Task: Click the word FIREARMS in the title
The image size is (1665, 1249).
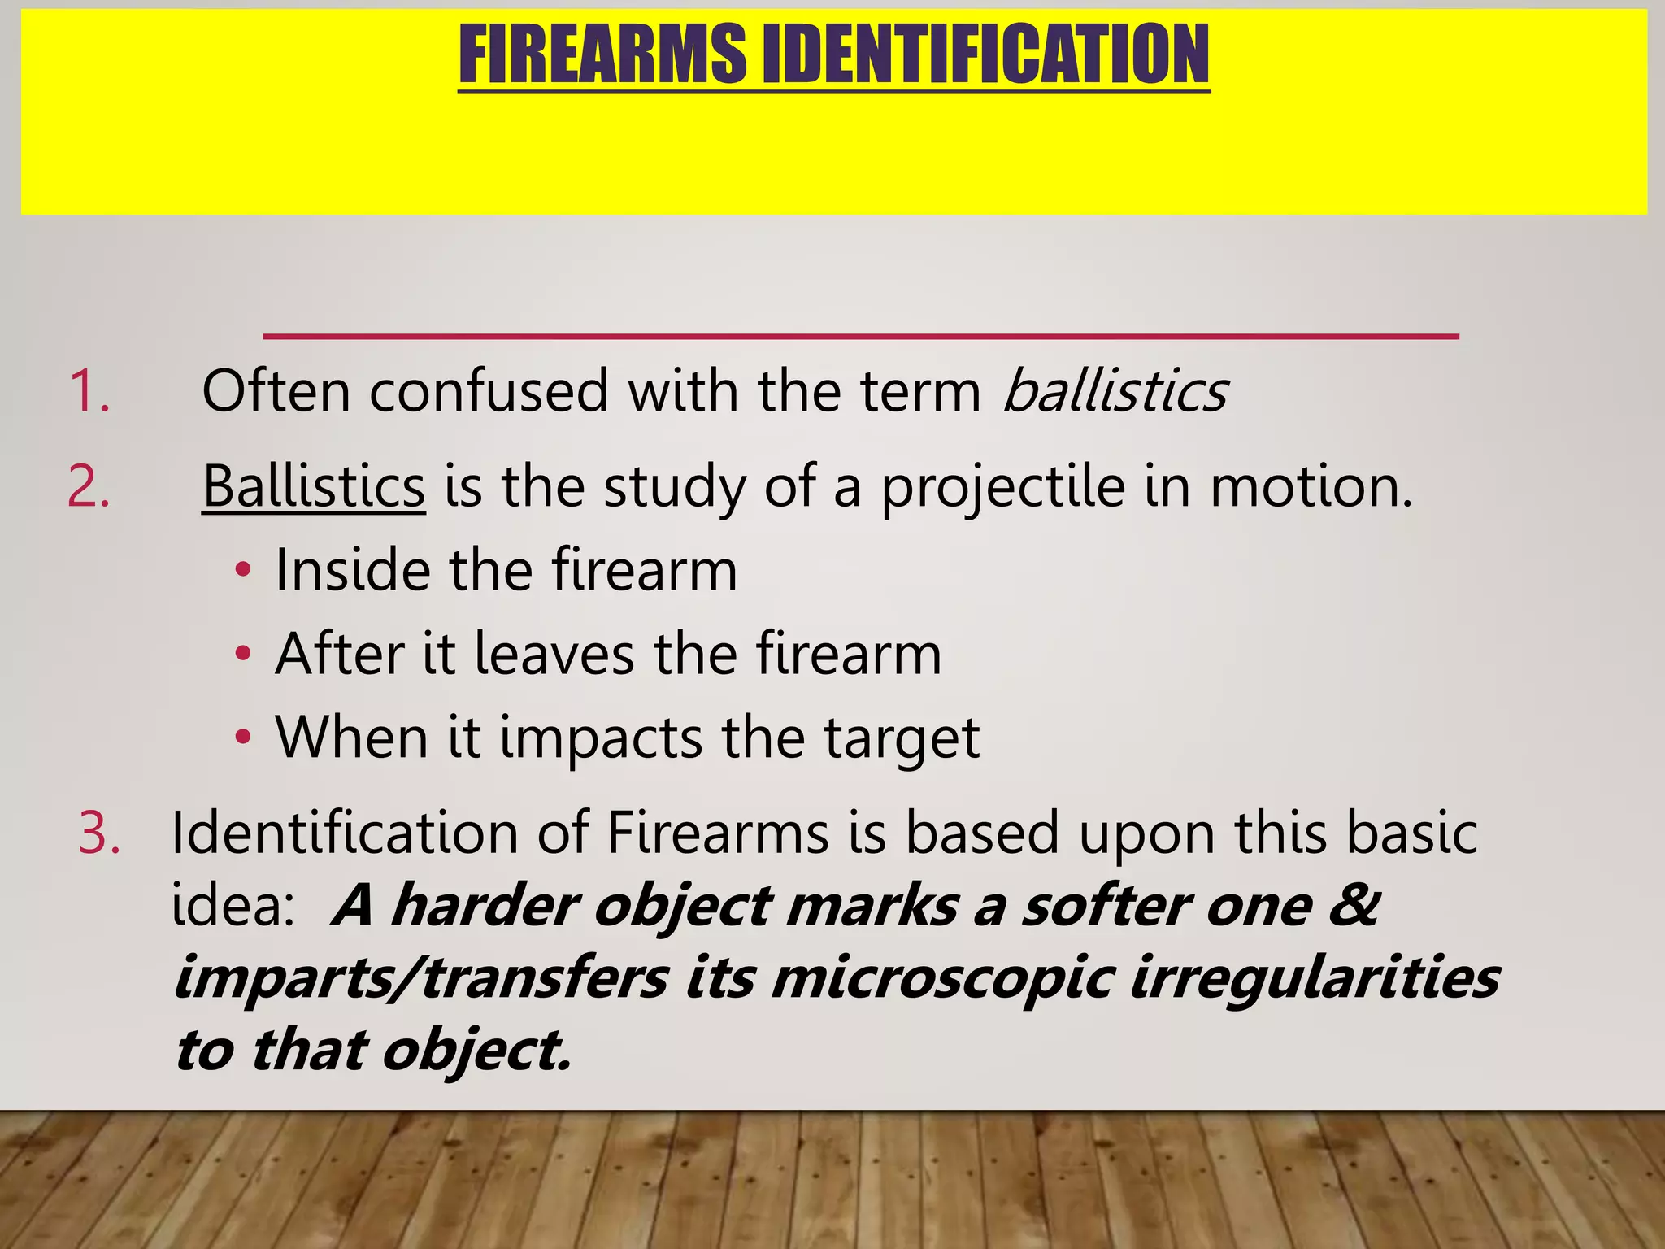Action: [602, 54]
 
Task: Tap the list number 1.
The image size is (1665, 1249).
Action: [89, 391]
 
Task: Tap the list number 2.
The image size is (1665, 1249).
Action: [89, 487]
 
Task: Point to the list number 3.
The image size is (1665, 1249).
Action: [99, 834]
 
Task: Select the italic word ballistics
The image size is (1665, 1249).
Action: [1115, 391]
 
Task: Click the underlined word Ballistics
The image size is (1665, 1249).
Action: [314, 487]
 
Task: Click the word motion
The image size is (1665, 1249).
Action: [1311, 487]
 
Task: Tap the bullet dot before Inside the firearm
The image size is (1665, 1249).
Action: [242, 571]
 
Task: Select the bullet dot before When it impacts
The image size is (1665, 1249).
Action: [242, 738]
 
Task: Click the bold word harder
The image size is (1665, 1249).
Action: [485, 906]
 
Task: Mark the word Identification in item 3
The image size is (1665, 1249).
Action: [345, 834]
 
